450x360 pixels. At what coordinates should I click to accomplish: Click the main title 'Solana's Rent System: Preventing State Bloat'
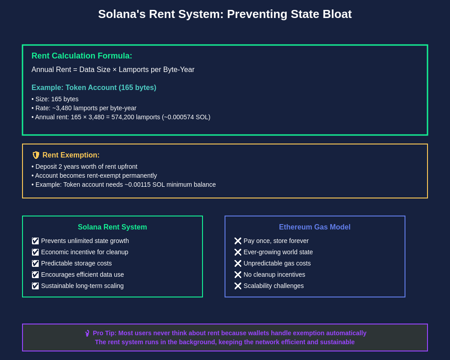click(x=225, y=14)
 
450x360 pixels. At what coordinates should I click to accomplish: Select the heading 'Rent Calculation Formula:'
click(x=82, y=56)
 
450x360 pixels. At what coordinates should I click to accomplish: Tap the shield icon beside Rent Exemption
click(x=36, y=155)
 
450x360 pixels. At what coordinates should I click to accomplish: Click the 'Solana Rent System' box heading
click(x=112, y=227)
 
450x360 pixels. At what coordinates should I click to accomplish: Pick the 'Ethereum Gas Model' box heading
click(x=315, y=227)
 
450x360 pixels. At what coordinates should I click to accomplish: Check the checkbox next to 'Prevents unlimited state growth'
click(x=35, y=241)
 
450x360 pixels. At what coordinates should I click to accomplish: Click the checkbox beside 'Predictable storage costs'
click(x=35, y=263)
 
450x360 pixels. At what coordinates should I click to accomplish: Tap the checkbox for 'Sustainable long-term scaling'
click(x=35, y=286)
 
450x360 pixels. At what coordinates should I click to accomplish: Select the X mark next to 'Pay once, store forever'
click(x=238, y=241)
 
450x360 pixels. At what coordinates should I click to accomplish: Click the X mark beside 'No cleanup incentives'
click(x=238, y=274)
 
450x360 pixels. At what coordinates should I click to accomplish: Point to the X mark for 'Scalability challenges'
click(x=238, y=286)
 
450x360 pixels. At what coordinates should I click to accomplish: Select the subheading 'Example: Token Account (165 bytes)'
click(x=94, y=87)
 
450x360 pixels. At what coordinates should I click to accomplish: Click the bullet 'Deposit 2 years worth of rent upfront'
click(x=86, y=166)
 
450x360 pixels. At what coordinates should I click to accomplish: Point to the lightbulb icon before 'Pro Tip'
click(x=87, y=333)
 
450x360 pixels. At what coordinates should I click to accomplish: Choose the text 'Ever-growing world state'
click(x=278, y=252)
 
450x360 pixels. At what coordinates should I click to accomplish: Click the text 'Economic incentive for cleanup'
click(x=85, y=252)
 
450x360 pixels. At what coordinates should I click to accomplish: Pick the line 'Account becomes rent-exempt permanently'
click(x=96, y=175)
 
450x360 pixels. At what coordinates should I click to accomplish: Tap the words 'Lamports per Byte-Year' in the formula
click(x=157, y=70)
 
